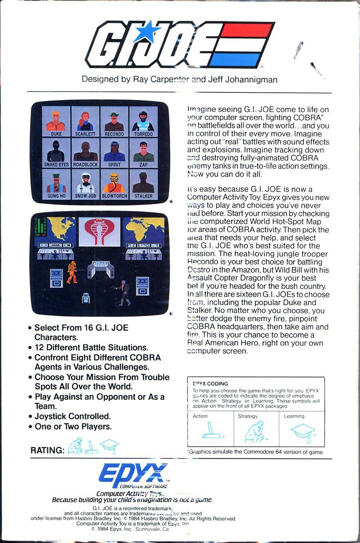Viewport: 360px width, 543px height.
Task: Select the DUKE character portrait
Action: (x=56, y=121)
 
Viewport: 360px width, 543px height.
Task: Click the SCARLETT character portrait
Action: (x=85, y=121)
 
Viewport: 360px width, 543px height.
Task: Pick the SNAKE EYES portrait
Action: (x=56, y=151)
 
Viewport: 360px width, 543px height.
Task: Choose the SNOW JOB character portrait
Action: (x=85, y=183)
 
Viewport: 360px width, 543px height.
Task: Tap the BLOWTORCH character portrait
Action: (x=114, y=183)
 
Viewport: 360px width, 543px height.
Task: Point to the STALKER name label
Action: (x=143, y=196)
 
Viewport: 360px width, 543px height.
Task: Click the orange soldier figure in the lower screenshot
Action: (x=72, y=272)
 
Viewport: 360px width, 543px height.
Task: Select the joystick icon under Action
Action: (x=211, y=430)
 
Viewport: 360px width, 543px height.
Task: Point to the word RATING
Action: (x=47, y=450)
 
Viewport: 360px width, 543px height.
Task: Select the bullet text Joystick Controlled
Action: (x=73, y=416)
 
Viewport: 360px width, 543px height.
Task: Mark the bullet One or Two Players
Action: (x=73, y=427)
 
